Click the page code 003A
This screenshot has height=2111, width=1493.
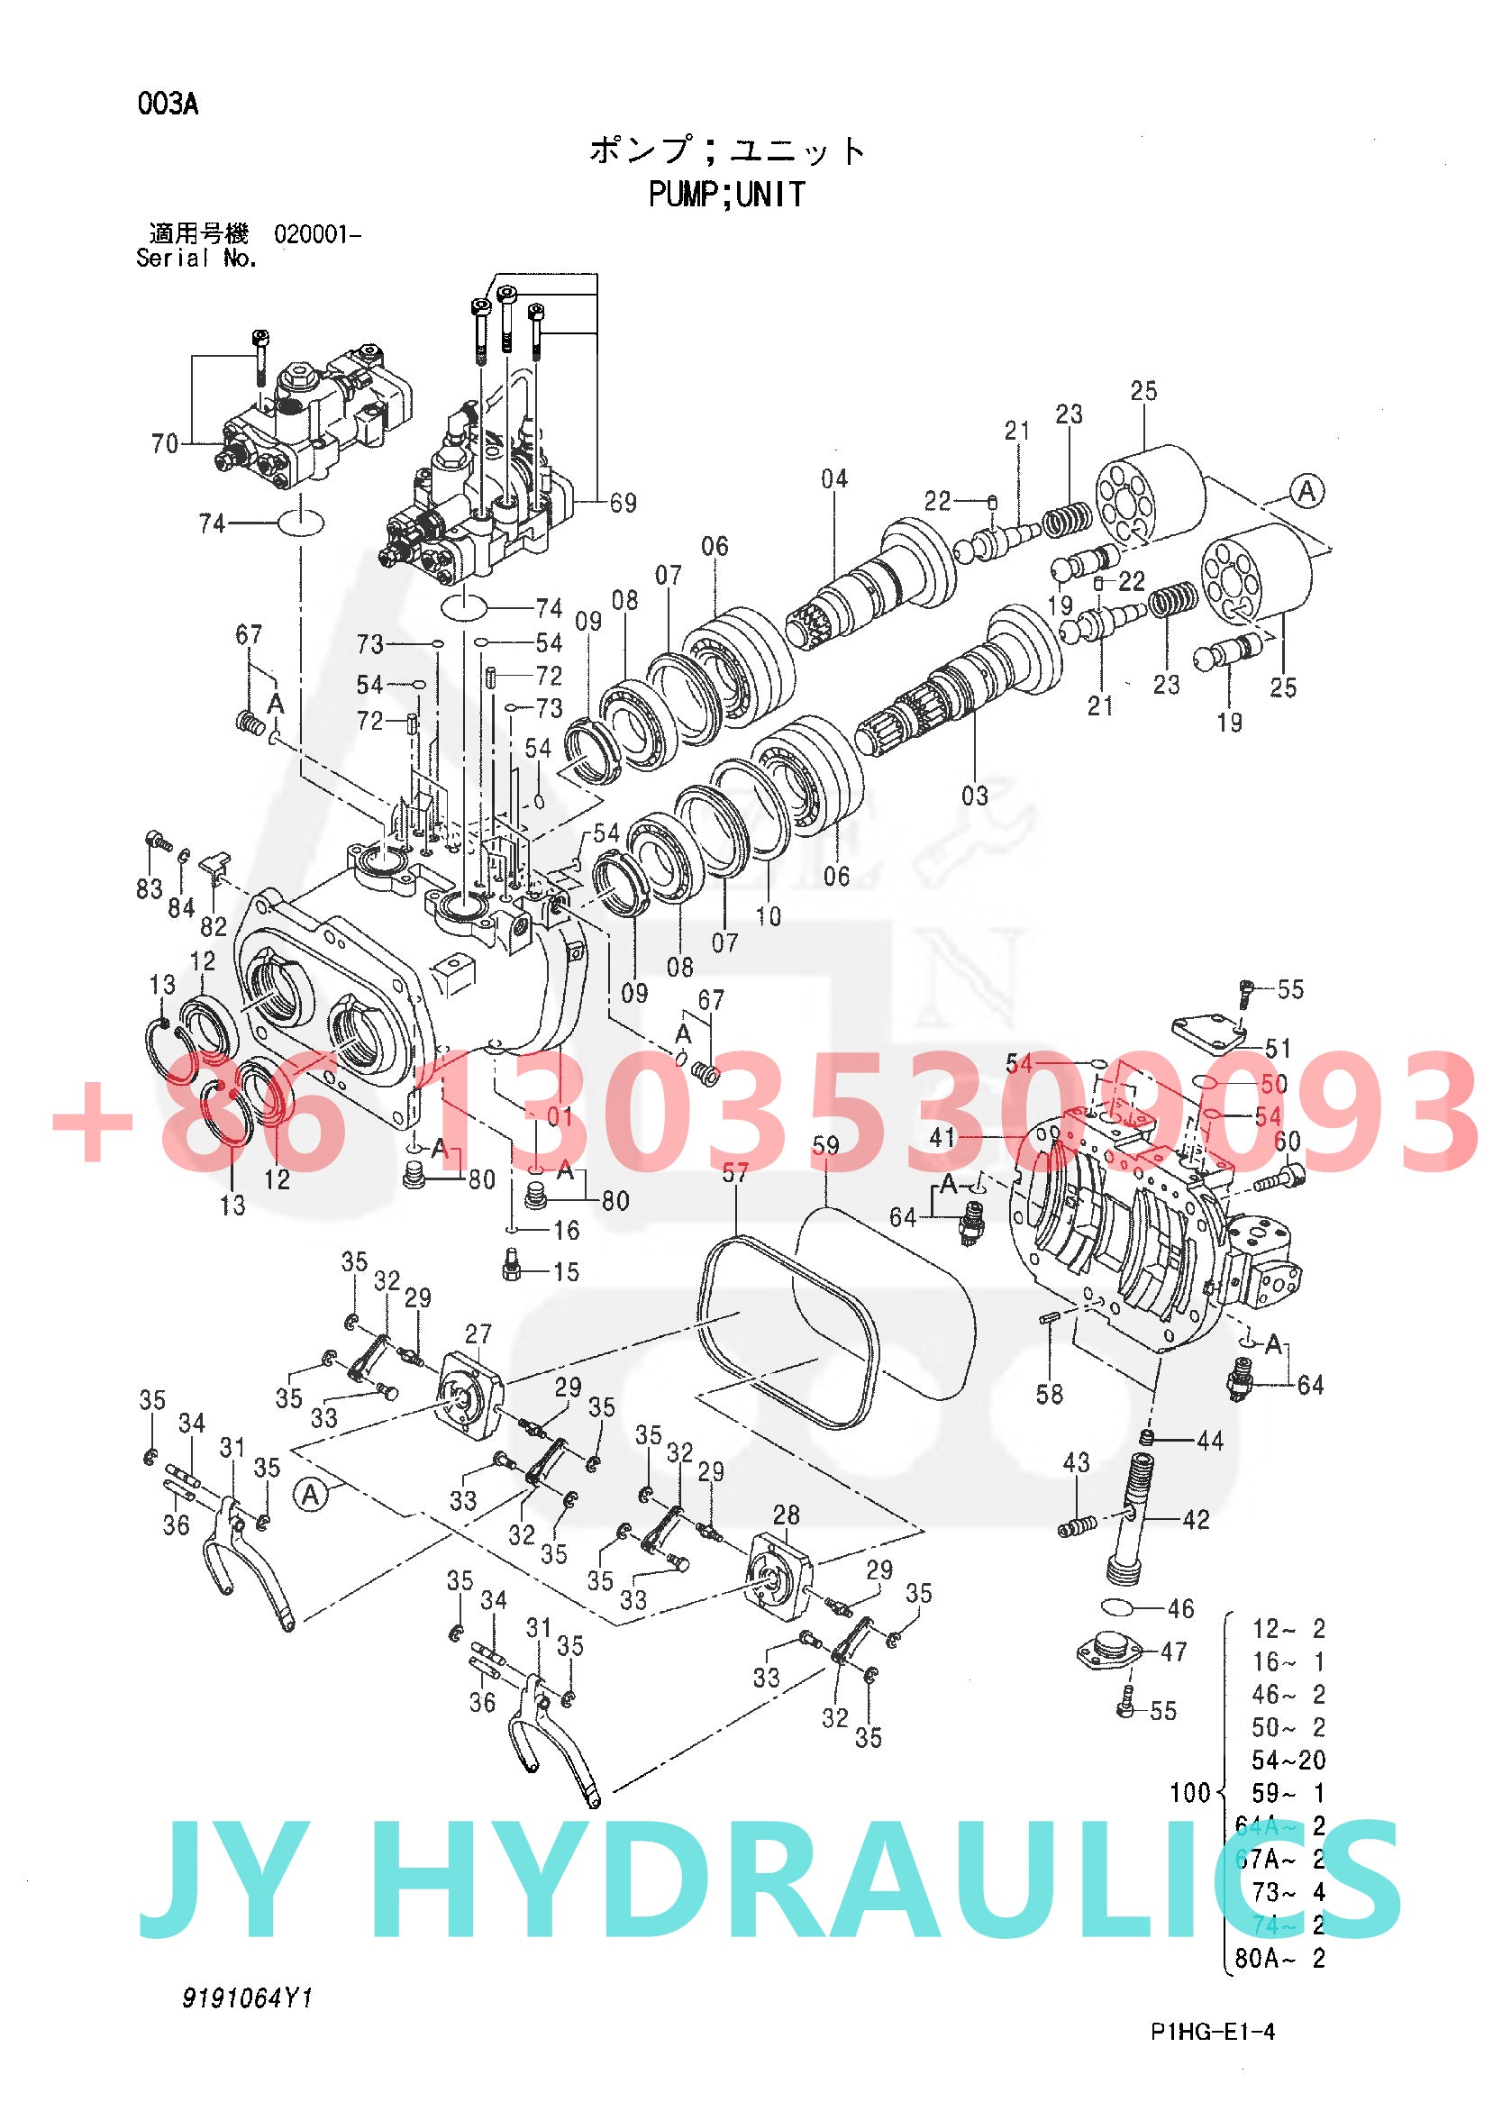168,104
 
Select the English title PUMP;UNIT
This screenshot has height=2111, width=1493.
726,195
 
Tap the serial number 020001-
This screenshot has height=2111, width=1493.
317,234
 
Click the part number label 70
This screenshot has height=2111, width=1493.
165,444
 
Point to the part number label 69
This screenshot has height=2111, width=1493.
624,503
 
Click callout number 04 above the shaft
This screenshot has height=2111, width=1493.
833,478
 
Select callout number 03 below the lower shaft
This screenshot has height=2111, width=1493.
975,796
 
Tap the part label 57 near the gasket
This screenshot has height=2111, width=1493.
735,1172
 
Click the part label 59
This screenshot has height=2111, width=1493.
826,1146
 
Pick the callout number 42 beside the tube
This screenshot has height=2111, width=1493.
1195,1520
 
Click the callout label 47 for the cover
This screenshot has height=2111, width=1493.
1174,1652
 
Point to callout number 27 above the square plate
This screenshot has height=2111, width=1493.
478,1333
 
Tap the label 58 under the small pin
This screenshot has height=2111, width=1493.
1049,1395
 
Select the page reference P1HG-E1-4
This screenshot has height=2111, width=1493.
1213,2032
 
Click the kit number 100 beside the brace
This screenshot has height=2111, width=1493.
1189,1793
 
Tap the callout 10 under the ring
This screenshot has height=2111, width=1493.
769,915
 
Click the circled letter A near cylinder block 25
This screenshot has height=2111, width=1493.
1306,491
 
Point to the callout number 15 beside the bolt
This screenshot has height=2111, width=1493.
567,1271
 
